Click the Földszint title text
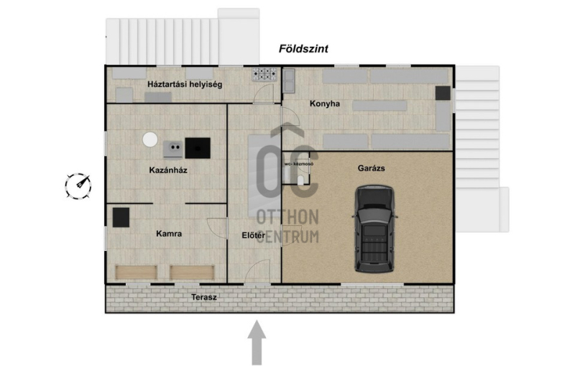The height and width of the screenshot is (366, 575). click(303, 49)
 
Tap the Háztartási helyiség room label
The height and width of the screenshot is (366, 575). click(185, 84)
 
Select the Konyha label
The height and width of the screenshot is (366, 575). click(325, 104)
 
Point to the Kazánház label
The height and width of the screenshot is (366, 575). click(168, 170)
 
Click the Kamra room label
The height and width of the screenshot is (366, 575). click(169, 234)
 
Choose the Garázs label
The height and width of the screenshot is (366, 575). click(371, 168)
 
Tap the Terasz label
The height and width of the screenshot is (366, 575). click(204, 297)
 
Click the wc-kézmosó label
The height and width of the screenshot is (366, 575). click(299, 164)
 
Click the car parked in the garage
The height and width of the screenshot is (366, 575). click(374, 229)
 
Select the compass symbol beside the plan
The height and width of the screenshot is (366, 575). click(78, 186)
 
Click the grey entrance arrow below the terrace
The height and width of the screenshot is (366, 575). click(257, 342)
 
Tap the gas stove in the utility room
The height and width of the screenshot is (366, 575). click(264, 74)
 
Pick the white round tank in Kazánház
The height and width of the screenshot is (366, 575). click(150, 139)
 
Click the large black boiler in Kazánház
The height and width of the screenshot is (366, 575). click(198, 148)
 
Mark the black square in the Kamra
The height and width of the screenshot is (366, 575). click(121, 217)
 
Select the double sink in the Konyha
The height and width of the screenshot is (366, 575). click(289, 81)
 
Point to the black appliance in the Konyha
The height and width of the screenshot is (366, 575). click(443, 93)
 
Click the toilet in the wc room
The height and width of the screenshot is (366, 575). click(300, 180)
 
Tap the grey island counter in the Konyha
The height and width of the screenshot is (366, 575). click(379, 106)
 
